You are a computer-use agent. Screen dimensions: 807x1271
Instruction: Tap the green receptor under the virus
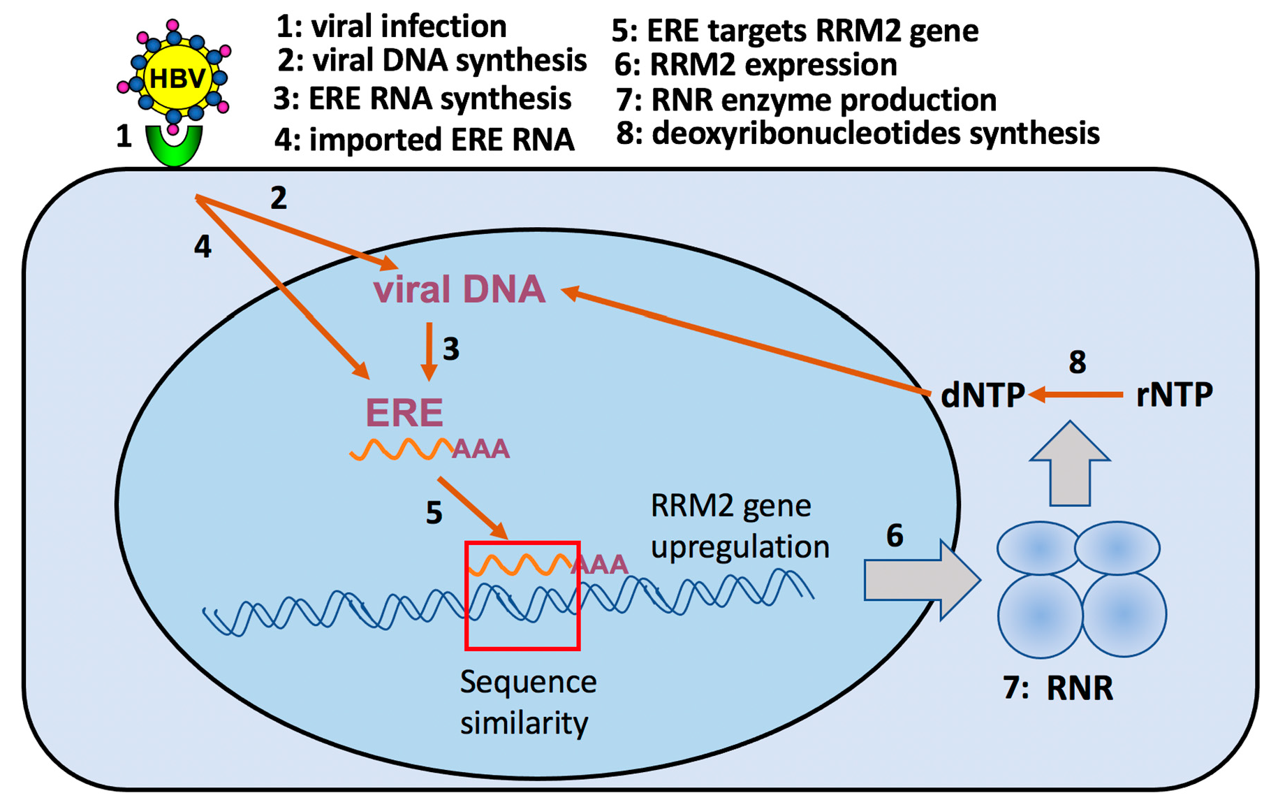click(x=174, y=147)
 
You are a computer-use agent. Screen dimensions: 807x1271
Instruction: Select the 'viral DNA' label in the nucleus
click(x=459, y=289)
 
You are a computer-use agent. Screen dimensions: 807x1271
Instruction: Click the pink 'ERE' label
click(x=404, y=412)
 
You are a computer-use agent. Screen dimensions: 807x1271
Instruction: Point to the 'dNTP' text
click(x=982, y=395)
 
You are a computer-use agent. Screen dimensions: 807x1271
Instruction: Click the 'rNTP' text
click(x=1174, y=395)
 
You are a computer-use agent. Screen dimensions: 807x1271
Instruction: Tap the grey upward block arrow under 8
click(x=1070, y=465)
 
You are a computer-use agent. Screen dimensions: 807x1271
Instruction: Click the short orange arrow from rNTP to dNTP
click(x=1075, y=395)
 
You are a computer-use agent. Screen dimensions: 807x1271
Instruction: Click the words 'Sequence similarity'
click(x=527, y=701)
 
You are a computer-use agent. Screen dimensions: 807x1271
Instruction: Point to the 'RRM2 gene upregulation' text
click(x=739, y=525)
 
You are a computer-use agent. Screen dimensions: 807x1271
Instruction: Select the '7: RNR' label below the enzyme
click(x=1058, y=688)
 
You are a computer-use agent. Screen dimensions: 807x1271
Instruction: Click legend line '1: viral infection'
click(x=392, y=27)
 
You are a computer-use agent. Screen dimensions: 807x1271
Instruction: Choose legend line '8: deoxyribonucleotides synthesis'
click(x=858, y=133)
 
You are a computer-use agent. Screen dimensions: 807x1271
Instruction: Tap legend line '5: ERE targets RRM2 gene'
click(x=795, y=31)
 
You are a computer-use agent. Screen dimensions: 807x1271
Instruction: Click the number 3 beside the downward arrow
click(x=451, y=349)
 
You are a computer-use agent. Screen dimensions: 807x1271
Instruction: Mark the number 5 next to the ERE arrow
click(x=434, y=514)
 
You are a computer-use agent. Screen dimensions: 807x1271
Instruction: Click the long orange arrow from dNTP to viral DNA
click(x=747, y=342)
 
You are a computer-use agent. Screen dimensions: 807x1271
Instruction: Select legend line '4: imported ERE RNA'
click(x=424, y=140)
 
